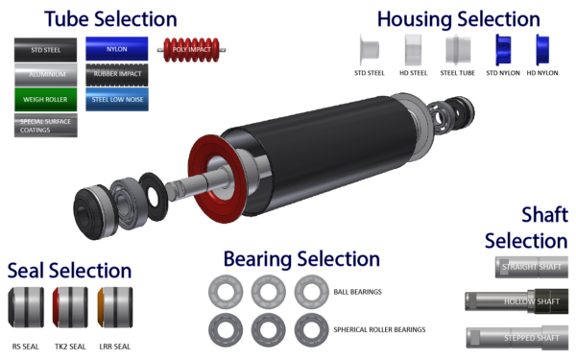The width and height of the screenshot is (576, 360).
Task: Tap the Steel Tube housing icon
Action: (457, 50)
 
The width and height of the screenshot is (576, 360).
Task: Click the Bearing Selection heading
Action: (301, 258)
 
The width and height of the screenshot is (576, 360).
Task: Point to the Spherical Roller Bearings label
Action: (380, 329)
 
